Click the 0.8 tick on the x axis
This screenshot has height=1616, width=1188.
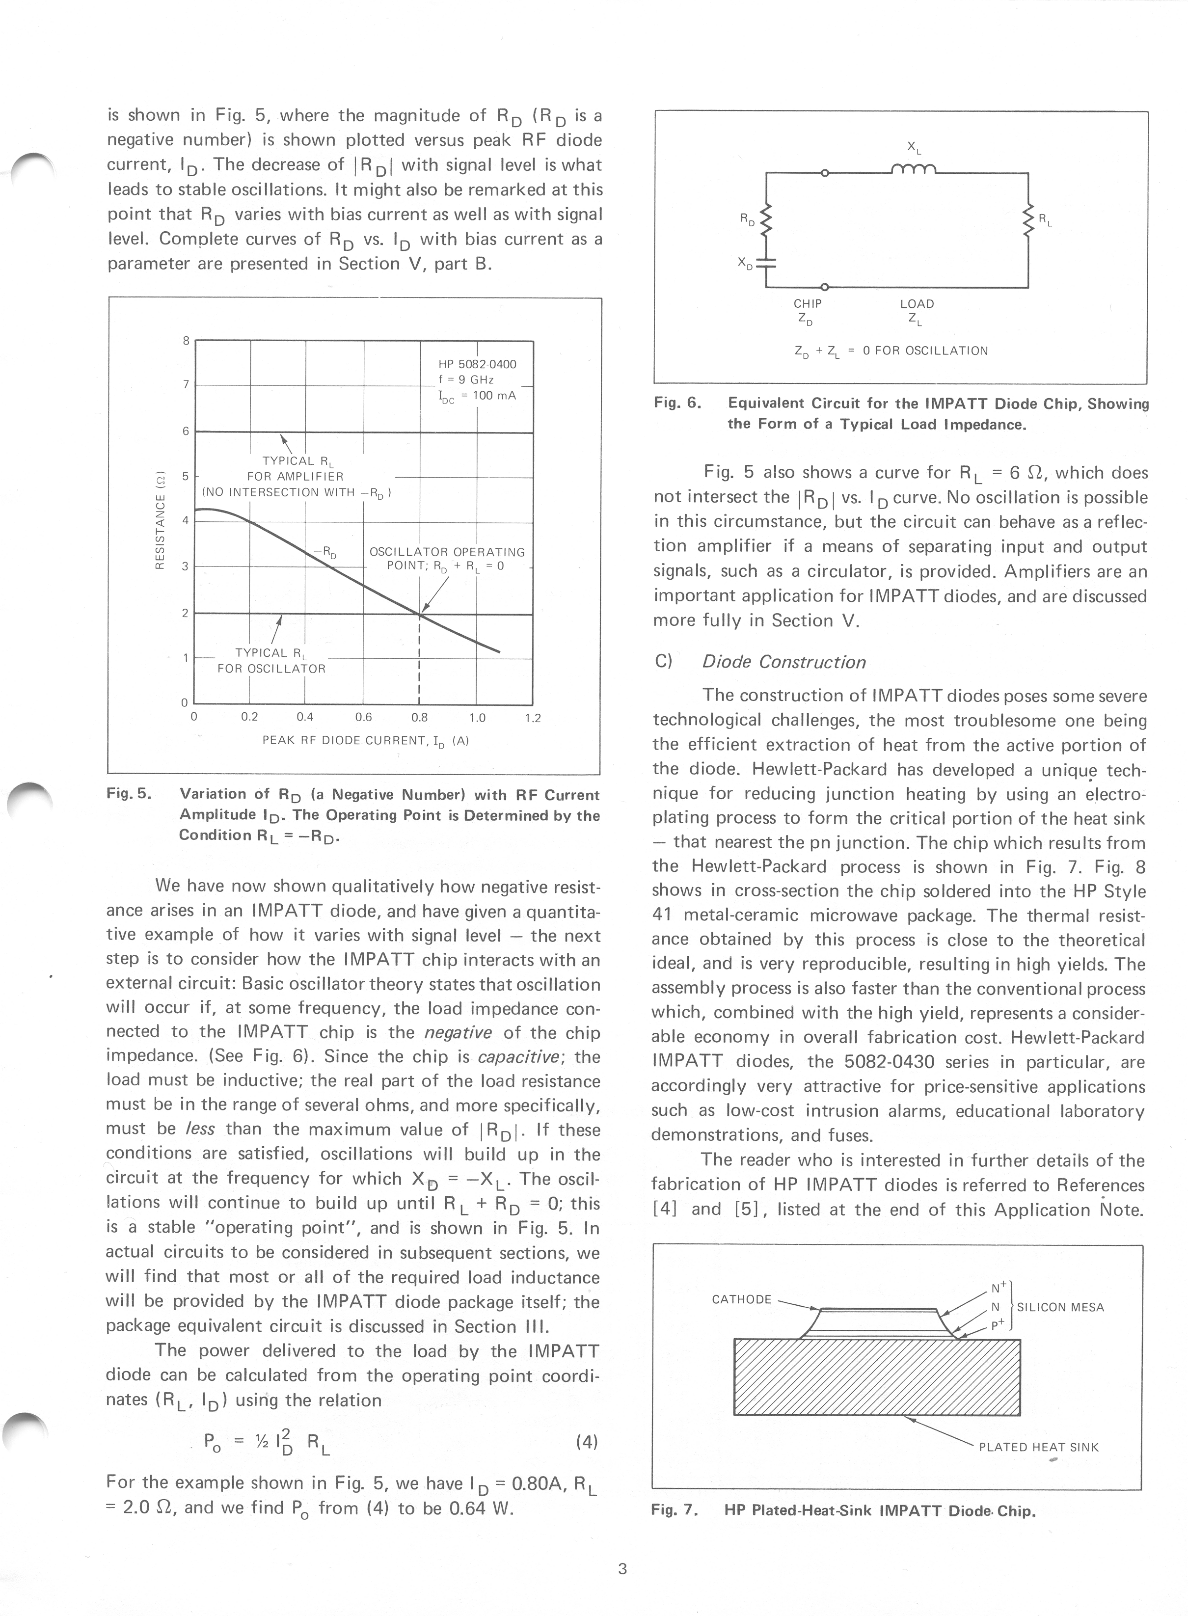click(x=419, y=717)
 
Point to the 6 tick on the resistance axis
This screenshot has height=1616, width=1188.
click(x=186, y=431)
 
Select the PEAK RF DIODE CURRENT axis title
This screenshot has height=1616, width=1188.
click(x=365, y=740)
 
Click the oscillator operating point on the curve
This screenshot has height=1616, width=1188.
click(x=419, y=614)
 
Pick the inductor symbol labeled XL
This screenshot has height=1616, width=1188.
click(x=913, y=170)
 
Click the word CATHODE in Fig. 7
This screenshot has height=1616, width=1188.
click(x=741, y=1299)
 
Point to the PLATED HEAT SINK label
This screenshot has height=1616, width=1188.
click(x=1038, y=1447)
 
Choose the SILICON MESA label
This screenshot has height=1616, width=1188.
click(x=1060, y=1307)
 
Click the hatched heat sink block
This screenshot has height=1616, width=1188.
click(x=877, y=1376)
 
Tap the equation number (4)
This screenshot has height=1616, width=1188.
click(x=587, y=1441)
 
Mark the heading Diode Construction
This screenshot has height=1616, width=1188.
click(x=784, y=662)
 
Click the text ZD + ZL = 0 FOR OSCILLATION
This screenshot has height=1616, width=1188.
click(x=891, y=351)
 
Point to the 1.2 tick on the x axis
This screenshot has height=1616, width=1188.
click(x=532, y=717)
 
